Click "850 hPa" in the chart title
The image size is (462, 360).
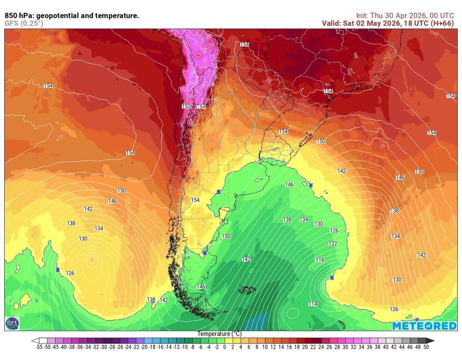click(x=17, y=16)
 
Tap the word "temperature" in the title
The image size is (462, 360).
click(x=116, y=16)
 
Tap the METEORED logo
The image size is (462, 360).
click(x=424, y=325)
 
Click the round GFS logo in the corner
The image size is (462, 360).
click(x=10, y=323)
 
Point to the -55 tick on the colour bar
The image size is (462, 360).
click(x=38, y=347)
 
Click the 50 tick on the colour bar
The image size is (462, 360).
click(x=425, y=347)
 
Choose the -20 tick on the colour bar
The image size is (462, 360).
click(x=144, y=347)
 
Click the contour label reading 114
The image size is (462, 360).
click(x=313, y=304)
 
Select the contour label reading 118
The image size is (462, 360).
click(x=319, y=260)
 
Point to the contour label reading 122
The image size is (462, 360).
click(x=333, y=244)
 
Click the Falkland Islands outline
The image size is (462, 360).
click(x=247, y=290)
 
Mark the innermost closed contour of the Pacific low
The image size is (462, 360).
click(x=92, y=260)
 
